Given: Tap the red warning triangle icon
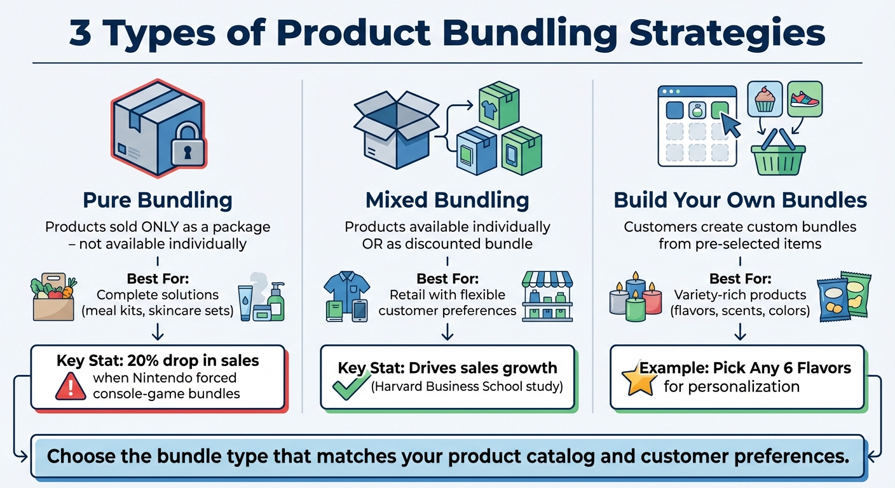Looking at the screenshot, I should (x=71, y=386).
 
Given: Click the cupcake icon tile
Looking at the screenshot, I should (x=764, y=100).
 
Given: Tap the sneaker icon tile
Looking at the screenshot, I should (x=804, y=98).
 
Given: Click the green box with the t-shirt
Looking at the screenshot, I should (x=499, y=105).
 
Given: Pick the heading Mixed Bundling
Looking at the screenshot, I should (x=447, y=201).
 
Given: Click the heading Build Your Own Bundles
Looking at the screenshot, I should (x=740, y=201).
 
